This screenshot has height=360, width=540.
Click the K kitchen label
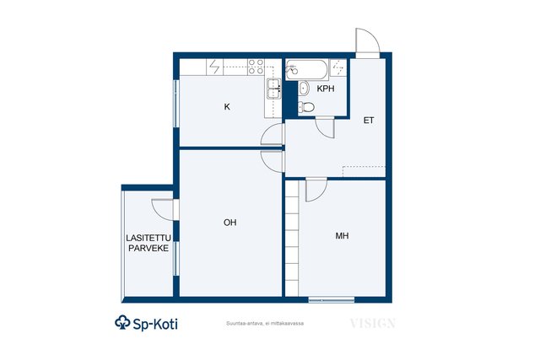(227, 107)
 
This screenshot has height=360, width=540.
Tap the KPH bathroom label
(326, 89)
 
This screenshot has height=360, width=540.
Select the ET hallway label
(369, 120)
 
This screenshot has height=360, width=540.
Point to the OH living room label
(230, 223)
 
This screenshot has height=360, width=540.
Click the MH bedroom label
(342, 236)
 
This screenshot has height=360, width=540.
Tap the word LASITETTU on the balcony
(148, 238)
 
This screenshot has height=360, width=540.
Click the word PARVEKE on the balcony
(148, 248)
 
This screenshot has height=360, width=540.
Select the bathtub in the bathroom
(306, 70)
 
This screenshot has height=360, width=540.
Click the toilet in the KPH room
(306, 107)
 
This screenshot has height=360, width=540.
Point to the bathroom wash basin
(304, 89)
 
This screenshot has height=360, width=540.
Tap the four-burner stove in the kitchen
(256, 67)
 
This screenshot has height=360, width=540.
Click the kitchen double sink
(273, 89)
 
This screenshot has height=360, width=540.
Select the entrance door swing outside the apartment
(368, 40)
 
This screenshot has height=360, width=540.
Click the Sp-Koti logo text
(146, 323)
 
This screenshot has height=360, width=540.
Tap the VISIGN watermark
(373, 324)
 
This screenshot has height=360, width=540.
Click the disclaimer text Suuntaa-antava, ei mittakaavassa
(265, 324)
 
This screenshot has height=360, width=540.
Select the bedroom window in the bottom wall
(332, 300)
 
